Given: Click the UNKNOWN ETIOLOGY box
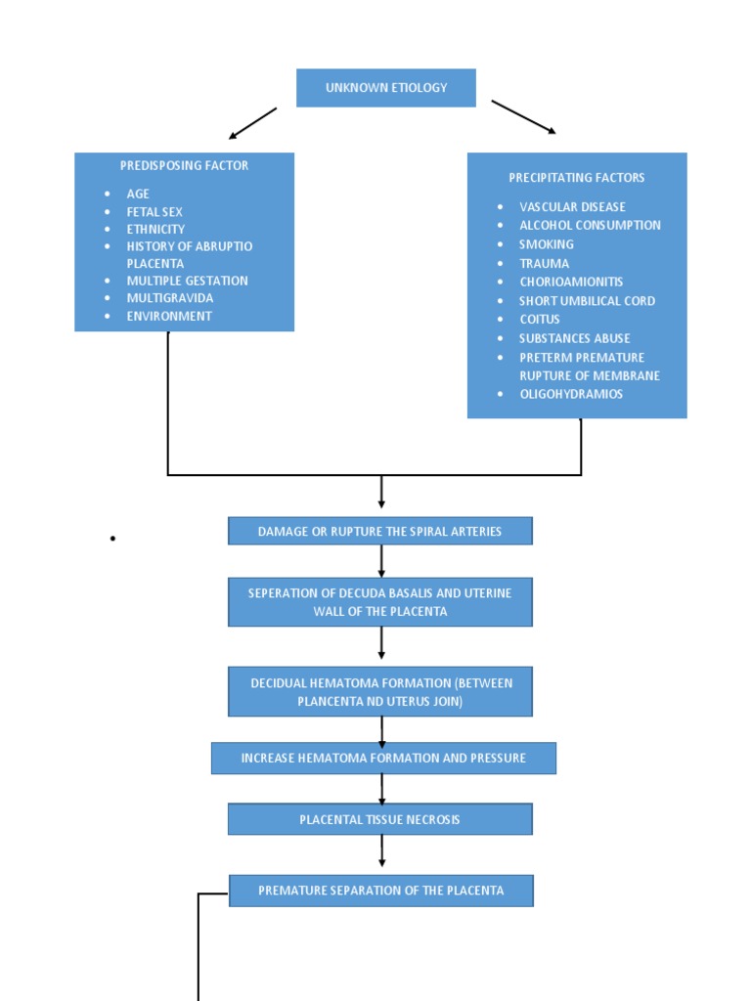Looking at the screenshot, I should click(x=385, y=88).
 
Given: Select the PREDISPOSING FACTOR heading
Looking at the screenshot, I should click(x=184, y=165).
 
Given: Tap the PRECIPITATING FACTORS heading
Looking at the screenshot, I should click(x=576, y=178).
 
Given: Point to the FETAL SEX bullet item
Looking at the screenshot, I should click(x=154, y=212).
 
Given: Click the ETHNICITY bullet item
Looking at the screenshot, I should click(x=155, y=229).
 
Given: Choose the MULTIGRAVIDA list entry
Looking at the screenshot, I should click(x=169, y=298).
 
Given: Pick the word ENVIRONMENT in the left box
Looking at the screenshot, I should click(x=168, y=316).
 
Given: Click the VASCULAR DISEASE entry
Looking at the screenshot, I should click(x=572, y=207).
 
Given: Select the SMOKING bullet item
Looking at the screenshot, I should click(x=546, y=244).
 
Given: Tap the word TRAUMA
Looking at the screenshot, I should click(x=544, y=263).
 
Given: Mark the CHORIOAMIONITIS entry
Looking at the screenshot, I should click(x=570, y=282).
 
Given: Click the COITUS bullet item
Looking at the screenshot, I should click(x=539, y=320).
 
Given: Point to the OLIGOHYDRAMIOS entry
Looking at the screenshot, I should click(x=570, y=394).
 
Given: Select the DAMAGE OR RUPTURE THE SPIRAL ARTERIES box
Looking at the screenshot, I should click(x=379, y=532).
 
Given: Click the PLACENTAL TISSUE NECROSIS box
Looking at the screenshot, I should click(x=379, y=819).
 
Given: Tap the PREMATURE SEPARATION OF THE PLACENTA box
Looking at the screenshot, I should click(x=380, y=891).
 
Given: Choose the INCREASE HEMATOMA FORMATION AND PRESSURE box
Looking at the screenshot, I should click(x=383, y=759).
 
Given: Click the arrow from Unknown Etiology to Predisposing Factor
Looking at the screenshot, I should click(x=252, y=123).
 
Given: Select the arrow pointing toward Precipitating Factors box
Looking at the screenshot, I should click(x=523, y=116).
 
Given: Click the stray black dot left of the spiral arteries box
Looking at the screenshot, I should click(x=113, y=539).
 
